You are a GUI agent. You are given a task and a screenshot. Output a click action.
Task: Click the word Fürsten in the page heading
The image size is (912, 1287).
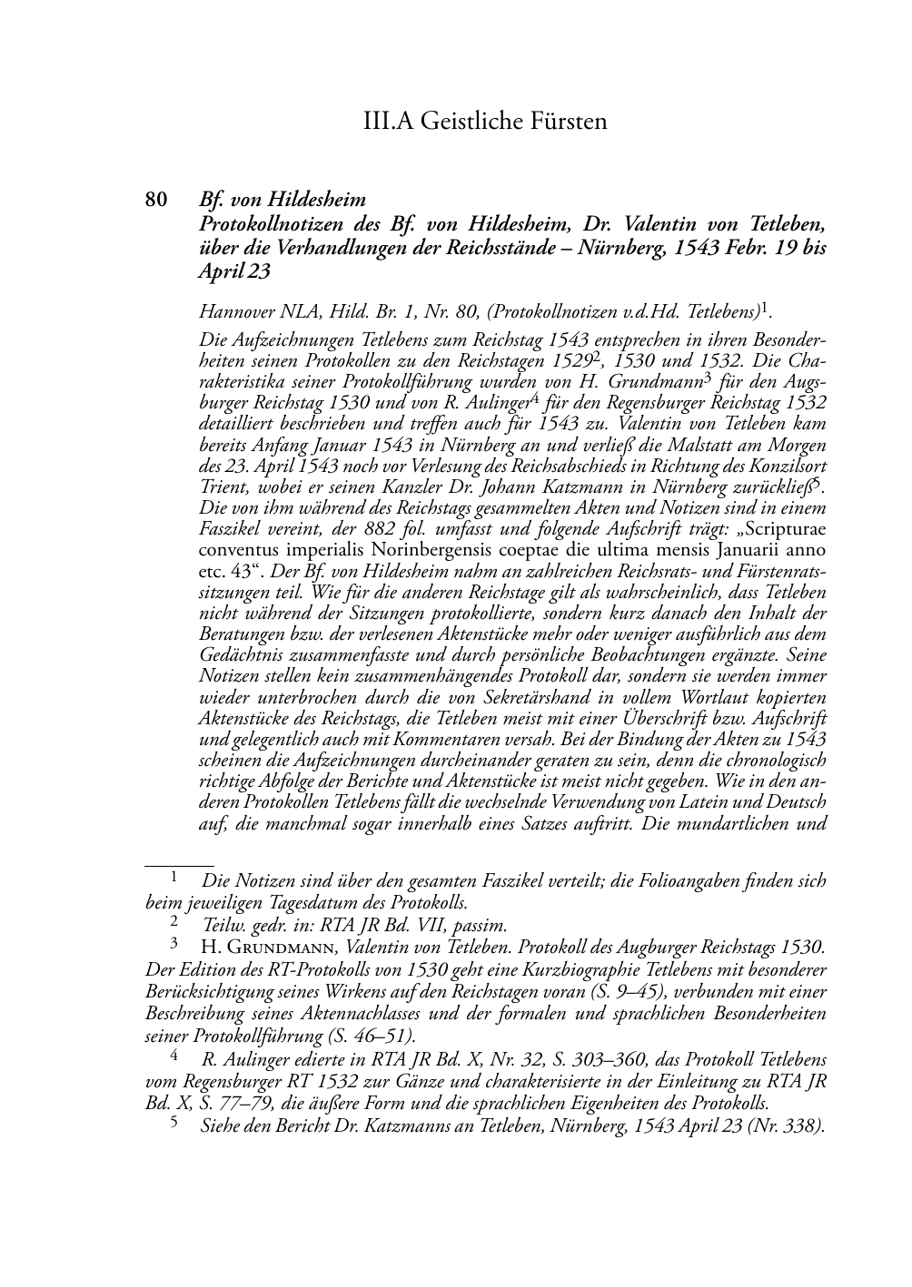coord(560,121)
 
